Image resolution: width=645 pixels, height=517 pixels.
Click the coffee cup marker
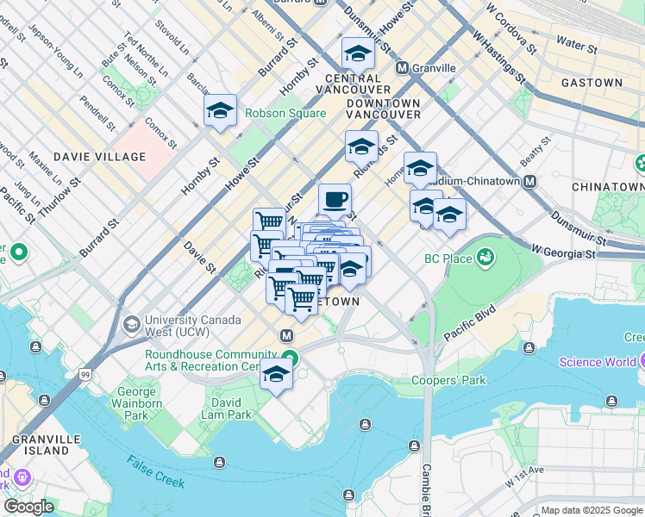point(335,200)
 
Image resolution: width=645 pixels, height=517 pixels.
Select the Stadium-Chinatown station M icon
point(529,182)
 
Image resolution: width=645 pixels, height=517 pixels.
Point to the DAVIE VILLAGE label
point(99,157)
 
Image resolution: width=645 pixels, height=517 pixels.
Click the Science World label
point(601,362)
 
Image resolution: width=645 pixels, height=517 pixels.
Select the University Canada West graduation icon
point(131,325)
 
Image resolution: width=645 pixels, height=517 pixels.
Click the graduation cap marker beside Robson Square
point(221,110)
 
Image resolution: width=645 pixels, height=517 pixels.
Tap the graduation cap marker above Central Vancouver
point(358,54)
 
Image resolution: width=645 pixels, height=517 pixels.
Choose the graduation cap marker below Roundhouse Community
point(276,374)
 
